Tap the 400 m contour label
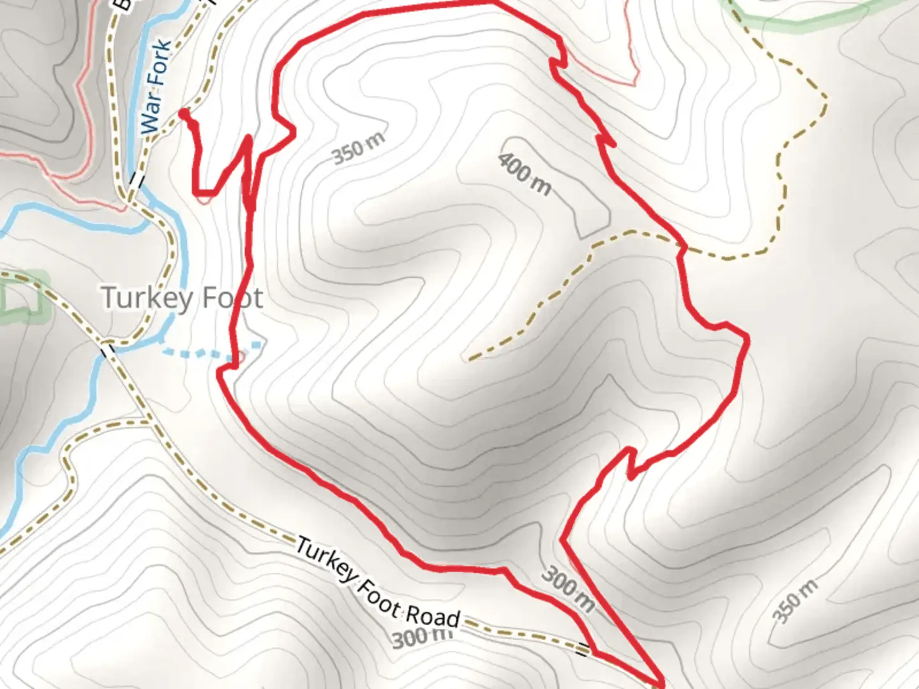tap(525, 174)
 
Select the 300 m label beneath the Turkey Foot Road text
tap(421, 637)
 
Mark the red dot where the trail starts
tap(184, 114)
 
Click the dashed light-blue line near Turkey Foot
tap(211, 350)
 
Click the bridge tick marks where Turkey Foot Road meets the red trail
tap(582, 651)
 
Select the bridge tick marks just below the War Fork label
tap(136, 180)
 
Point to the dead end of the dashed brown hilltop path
tap(471, 359)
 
